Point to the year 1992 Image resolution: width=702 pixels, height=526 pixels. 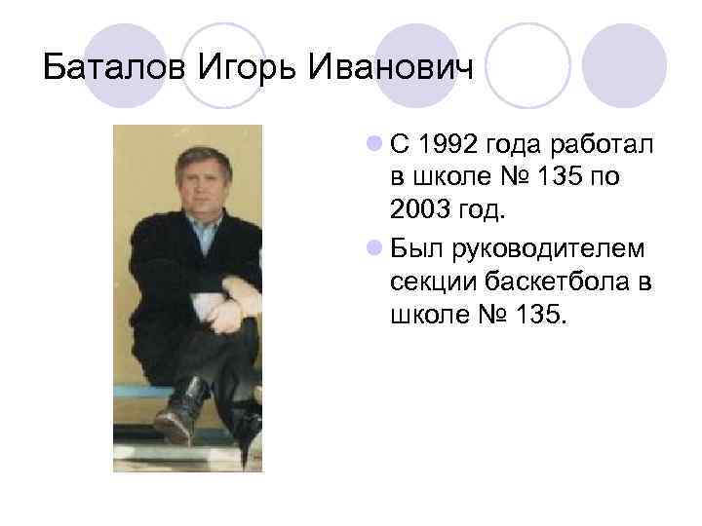[448, 145]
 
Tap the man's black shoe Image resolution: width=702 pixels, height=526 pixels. [180, 410]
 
